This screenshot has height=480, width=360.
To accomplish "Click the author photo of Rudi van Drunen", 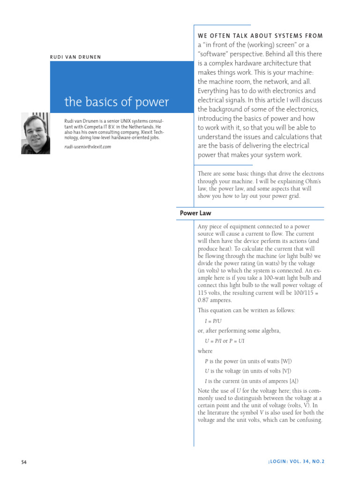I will coord(36,133).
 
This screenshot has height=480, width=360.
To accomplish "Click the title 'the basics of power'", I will coord(117,102).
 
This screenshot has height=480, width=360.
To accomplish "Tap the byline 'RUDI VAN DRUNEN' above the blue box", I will coord(75,57).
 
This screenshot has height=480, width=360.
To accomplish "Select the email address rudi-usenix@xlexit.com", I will coord(88,147).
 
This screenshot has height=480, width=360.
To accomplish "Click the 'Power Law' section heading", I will coord(195,213).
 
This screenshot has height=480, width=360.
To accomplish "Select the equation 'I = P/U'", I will coord(213,321).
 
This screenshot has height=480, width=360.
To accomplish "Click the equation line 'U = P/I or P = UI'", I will coord(225,341).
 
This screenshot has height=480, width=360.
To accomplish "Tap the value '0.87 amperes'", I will coord(215,300).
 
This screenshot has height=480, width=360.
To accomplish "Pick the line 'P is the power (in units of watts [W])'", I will coord(248,361).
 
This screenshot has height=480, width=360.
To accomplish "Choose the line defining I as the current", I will coord(251,381).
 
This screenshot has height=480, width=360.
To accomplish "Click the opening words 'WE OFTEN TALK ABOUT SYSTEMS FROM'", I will coord(260,36).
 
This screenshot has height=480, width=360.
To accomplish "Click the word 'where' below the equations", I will coord(205,351).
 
